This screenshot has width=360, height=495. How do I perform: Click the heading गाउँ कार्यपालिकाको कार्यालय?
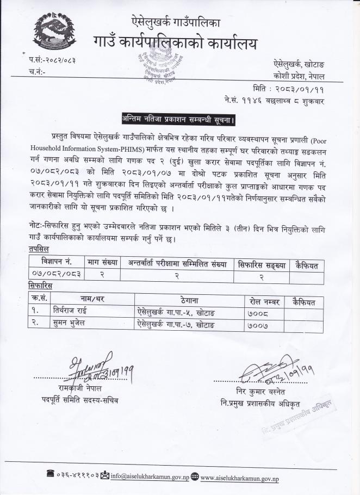175,43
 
